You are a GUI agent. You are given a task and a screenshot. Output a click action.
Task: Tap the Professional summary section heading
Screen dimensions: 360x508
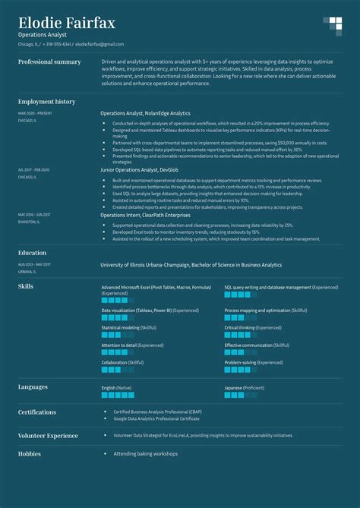pos(49,62)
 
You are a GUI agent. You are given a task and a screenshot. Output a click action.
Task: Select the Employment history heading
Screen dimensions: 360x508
pos(46,101)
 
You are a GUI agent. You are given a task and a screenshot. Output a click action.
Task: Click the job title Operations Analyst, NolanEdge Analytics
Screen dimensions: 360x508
pos(145,113)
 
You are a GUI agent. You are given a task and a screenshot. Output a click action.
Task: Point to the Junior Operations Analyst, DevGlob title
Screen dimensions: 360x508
pos(139,170)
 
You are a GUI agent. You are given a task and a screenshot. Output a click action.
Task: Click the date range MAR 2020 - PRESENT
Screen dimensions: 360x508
pos(36,113)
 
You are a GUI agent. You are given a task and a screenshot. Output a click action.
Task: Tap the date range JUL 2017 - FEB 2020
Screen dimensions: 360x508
pos(33,169)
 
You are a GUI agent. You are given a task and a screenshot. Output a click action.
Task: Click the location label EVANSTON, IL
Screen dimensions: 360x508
pos(29,222)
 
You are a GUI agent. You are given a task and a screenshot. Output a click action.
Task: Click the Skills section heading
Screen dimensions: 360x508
pos(26,286)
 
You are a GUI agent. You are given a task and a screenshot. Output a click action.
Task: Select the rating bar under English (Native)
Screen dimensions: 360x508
pos(118,395)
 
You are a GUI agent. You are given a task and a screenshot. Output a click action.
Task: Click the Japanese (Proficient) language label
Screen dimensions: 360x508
pos(244,387)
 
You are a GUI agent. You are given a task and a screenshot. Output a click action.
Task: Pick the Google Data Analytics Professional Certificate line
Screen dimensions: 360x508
pos(160,418)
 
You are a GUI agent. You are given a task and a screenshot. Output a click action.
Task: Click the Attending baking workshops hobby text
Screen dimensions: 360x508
pos(145,453)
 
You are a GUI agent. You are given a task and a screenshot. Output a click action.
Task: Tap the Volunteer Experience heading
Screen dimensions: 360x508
pos(48,436)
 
